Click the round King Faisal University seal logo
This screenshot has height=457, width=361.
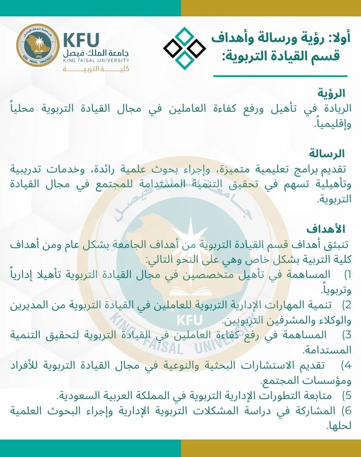click(x=38, y=45)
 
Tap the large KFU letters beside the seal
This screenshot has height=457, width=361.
click(x=81, y=40)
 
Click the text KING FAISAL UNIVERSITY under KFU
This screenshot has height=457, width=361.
click(x=96, y=60)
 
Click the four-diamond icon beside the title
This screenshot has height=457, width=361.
click(x=185, y=48)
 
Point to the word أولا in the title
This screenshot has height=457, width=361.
click(x=340, y=38)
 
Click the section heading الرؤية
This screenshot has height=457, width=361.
click(x=331, y=93)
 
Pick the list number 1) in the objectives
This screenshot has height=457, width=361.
click(x=347, y=274)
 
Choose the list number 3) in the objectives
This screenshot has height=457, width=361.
click(x=347, y=334)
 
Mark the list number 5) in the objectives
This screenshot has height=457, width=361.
click(x=347, y=395)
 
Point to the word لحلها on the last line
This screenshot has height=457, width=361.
click(x=339, y=426)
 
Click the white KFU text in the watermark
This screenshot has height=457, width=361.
click(x=189, y=320)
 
